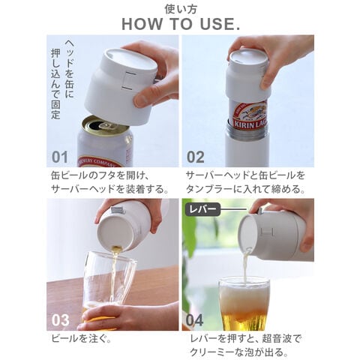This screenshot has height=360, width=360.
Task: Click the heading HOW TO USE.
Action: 181,24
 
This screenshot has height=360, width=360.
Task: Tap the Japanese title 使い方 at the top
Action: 181,9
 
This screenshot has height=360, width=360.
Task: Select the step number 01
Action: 60,157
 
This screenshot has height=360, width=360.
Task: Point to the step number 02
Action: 196,157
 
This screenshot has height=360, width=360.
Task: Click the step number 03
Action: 60,320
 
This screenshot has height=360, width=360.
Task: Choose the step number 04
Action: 194,320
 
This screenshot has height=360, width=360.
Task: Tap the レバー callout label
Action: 202,209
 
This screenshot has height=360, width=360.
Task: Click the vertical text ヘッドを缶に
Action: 69,69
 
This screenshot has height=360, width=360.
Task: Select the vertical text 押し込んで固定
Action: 55,84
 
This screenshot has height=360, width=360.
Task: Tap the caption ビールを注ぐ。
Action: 81,339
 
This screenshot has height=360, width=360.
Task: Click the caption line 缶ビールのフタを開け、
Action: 100,175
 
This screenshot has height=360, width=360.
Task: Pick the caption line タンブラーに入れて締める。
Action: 245,189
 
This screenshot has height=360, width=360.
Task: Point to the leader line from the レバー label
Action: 234,209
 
